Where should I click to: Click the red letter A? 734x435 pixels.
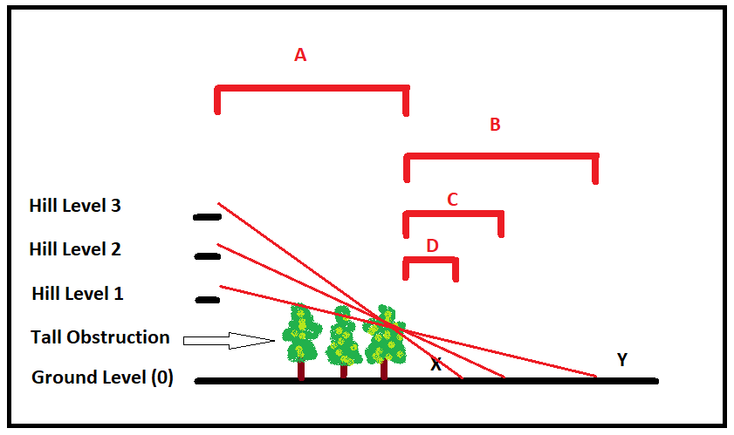click(300, 55)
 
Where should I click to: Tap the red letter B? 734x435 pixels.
click(495, 125)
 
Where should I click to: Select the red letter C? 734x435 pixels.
click(452, 200)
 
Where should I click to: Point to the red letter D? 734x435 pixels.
click(432, 246)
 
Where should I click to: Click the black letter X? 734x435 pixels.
click(436, 364)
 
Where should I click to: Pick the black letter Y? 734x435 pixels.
click(621, 359)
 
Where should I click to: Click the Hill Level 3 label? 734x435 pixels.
click(75, 207)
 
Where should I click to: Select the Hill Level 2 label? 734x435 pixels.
click(75, 249)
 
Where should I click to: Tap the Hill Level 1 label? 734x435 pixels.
click(77, 294)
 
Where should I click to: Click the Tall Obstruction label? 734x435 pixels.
click(99, 336)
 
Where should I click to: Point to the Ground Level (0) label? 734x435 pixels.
click(102, 378)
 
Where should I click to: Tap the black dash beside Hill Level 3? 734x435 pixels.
click(207, 216)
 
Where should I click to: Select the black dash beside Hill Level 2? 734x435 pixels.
click(207, 256)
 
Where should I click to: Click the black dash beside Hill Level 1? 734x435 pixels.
click(207, 300)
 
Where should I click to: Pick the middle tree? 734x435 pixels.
click(343, 338)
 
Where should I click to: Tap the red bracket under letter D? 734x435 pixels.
click(430, 260)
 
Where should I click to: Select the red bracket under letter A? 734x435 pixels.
click(312, 88)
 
